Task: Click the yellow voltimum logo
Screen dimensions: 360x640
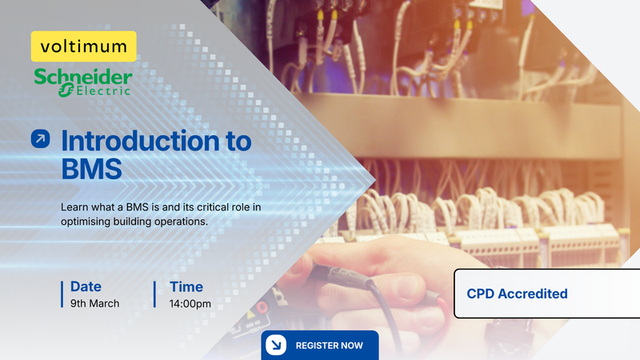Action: tap(84, 46)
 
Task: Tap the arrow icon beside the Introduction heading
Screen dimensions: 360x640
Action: tap(40, 138)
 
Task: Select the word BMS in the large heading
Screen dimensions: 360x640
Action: tap(93, 170)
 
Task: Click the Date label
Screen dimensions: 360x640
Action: tap(86, 286)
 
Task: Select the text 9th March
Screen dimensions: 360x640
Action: tap(94, 304)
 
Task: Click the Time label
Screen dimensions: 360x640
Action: tap(186, 286)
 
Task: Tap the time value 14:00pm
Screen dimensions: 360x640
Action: tap(190, 304)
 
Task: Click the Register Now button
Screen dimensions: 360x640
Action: tap(319, 345)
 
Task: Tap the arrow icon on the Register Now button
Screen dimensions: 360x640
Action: tap(275, 345)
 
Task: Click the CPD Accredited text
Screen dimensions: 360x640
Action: tap(517, 294)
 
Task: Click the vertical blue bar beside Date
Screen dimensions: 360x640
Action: tap(62, 294)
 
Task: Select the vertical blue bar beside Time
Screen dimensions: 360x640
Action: tap(154, 294)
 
